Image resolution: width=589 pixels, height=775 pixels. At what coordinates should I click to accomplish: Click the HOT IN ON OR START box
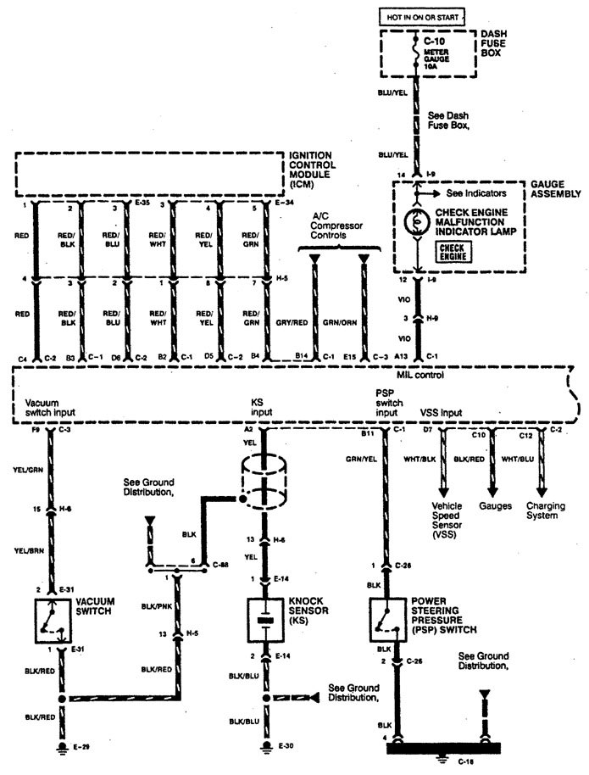pos(416,16)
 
